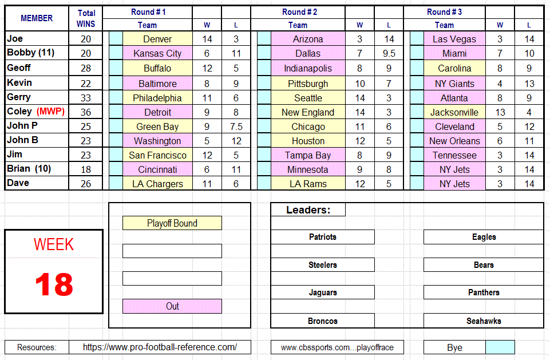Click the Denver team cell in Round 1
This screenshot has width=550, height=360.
point(157,39)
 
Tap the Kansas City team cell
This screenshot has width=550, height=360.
point(157,53)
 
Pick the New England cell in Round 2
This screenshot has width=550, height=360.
point(308,112)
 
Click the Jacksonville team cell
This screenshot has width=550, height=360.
point(454,112)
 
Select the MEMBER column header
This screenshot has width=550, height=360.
point(37,18)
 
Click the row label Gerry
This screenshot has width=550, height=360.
point(19,97)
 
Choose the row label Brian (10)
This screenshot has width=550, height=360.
point(26,168)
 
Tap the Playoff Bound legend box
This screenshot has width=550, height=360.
point(172,223)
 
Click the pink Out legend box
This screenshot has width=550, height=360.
point(172,306)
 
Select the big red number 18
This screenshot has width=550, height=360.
point(54,284)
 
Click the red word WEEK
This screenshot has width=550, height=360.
point(54,244)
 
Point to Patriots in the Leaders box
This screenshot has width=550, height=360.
point(323,237)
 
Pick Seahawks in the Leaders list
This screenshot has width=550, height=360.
point(484,321)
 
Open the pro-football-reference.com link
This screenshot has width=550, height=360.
point(160,347)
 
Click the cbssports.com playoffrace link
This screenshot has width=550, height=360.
point(337,347)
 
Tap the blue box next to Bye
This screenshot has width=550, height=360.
point(500,347)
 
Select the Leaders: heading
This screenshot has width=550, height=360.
point(308,210)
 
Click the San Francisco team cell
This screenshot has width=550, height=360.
point(157,155)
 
